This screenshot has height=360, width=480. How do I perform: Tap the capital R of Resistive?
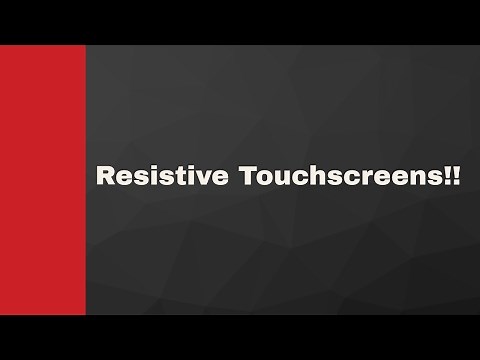click(104, 177)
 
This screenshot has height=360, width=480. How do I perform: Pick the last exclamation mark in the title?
click(458, 177)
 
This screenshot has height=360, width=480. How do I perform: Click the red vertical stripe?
click(42, 180)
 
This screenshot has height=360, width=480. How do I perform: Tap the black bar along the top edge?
click(240, 20)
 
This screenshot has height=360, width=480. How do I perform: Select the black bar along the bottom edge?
click(240, 338)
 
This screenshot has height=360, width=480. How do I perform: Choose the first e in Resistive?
click(122, 180)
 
